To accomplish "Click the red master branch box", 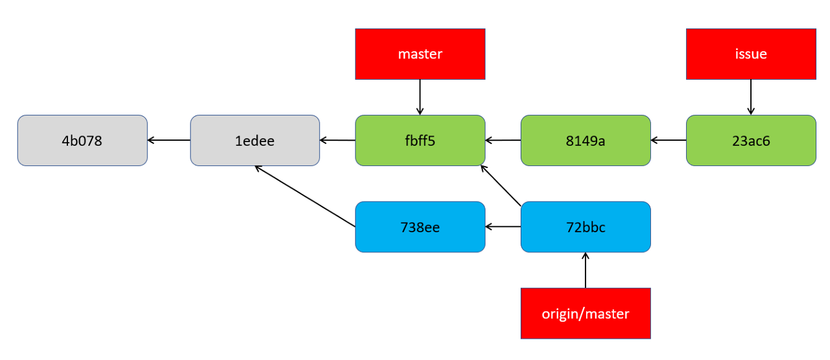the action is point(420,54).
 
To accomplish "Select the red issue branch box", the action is point(751,54).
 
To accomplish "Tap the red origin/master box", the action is point(586,313).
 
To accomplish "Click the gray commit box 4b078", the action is point(82,141).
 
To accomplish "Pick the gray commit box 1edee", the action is point(255,141).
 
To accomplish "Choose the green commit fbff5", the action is point(420,141).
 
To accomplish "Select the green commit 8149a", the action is point(586,141).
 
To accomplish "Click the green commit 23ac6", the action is point(751,141).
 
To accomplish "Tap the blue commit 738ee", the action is point(420,227).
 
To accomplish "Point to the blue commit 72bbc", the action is point(586,227).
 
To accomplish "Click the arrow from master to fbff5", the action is point(420,97).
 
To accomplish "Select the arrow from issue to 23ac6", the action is point(751,97).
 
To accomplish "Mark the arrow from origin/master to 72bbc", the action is point(586,270).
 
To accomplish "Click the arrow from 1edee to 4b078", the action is point(169,140).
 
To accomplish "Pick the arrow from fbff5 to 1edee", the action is point(338,140).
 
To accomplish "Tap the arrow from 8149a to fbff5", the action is point(503,140).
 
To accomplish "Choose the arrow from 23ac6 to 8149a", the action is point(669,140).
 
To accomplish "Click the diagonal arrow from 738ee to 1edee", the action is point(305,196).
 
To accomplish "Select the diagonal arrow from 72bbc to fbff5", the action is point(501,186).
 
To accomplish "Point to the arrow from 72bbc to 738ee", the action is point(503,226).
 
